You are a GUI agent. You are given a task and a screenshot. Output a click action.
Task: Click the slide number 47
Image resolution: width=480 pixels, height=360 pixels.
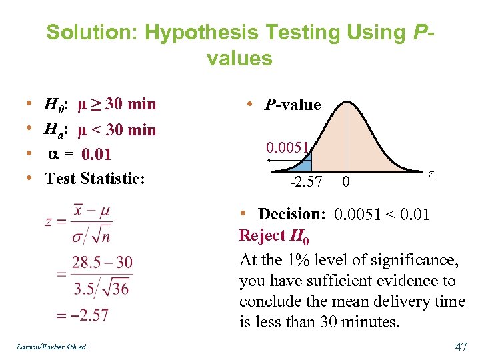tap(460, 347)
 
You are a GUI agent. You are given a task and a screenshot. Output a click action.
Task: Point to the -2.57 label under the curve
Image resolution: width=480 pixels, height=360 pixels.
tap(306, 181)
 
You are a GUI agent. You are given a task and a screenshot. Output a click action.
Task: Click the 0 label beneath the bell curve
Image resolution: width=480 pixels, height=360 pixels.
tap(345, 181)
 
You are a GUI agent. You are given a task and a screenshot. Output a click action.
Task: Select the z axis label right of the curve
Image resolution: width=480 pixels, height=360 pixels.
tap(431, 173)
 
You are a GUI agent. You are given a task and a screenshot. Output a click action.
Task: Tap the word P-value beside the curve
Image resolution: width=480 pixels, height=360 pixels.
tap(293, 105)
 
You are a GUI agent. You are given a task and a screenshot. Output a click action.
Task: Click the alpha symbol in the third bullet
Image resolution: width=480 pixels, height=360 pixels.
tap(53, 155)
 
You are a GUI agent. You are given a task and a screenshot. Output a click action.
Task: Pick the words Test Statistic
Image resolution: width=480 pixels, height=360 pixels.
tap(94, 179)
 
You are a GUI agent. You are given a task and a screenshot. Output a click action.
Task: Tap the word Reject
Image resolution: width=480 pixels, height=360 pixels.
tap(262, 235)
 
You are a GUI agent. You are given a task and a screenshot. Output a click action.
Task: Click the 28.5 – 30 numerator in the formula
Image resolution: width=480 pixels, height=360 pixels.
tap(102, 262)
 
